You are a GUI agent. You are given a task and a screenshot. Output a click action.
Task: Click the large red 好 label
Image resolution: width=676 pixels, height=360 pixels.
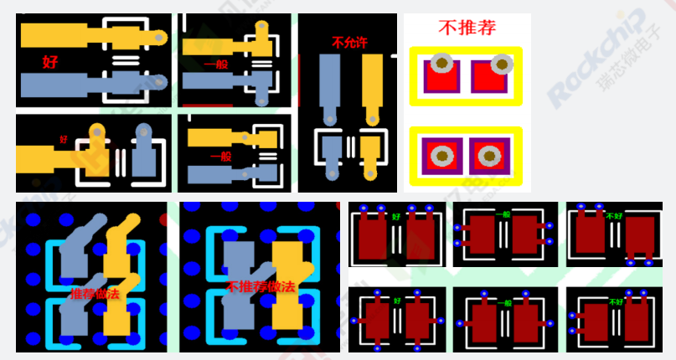[49, 61]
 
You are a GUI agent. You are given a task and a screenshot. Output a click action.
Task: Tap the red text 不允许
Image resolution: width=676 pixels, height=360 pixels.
[349, 42]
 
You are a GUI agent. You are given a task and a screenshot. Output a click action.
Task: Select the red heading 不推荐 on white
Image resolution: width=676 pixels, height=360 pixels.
[467, 27]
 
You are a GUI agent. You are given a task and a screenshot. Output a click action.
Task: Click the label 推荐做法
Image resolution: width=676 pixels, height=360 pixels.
[95, 295]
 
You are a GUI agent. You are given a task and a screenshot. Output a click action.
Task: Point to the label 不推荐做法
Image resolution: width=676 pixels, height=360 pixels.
[261, 286]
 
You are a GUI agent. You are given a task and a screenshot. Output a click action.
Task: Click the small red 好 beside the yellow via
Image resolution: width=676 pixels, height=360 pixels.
[63, 139]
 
